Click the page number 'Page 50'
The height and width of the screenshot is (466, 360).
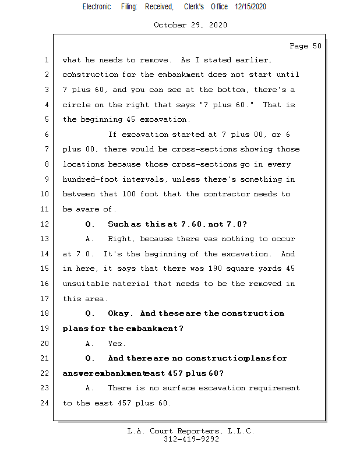(x=305, y=46)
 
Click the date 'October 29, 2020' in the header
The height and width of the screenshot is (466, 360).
(x=190, y=25)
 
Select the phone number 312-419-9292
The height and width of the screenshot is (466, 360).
(x=191, y=439)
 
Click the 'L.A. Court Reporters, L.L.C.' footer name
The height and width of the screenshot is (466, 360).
(x=191, y=431)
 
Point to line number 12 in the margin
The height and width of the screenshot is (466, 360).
(x=46, y=224)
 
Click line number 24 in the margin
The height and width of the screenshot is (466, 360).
(x=46, y=403)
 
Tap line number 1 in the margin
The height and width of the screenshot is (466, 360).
(x=46, y=60)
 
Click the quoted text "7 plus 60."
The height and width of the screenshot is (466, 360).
(x=233, y=105)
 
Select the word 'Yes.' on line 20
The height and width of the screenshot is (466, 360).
(x=117, y=344)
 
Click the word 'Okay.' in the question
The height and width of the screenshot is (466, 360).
(x=121, y=313)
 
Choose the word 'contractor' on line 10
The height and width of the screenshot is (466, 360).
(x=223, y=194)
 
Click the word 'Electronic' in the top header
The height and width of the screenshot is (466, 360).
(x=97, y=6)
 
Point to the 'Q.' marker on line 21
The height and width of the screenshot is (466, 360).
(x=90, y=358)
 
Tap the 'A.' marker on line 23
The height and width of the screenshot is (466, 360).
(x=90, y=388)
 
